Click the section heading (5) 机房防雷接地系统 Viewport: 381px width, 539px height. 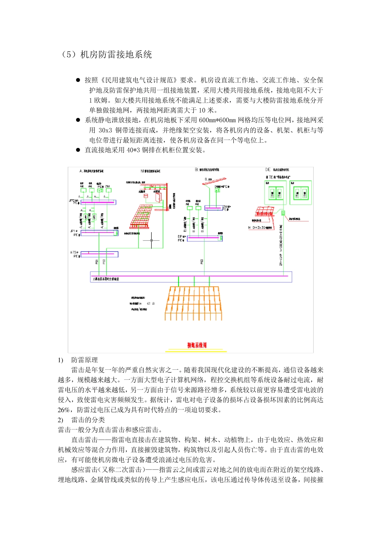106,55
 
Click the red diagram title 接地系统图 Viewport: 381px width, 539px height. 197,345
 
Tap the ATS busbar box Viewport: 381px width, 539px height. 99,254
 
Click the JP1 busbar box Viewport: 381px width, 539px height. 99,233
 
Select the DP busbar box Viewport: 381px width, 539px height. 205,238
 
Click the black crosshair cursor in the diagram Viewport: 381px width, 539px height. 151,241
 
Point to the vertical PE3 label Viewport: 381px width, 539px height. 202,261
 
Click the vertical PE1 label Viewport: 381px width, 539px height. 97,261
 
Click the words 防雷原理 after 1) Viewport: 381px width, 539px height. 85,360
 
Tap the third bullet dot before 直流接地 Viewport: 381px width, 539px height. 78,150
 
